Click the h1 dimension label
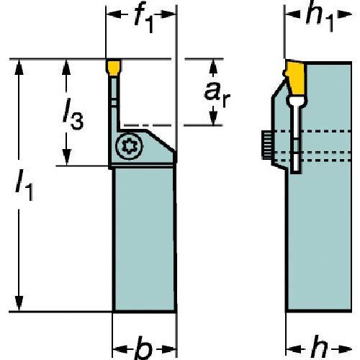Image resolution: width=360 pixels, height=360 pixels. [x=320, y=17]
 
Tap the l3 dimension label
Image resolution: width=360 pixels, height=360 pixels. [x=73, y=114]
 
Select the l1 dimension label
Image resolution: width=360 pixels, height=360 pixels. [x=24, y=184]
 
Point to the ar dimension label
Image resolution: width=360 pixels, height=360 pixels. [x=217, y=94]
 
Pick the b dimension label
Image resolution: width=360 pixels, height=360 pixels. [x=144, y=348]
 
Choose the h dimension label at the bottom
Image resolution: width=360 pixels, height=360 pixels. [x=319, y=348]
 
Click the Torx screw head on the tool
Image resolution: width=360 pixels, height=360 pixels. [x=129, y=145]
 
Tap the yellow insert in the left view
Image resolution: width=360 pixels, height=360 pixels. [x=114, y=68]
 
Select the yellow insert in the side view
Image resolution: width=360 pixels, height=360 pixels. [x=297, y=78]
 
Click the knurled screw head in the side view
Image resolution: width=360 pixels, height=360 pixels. [x=266, y=145]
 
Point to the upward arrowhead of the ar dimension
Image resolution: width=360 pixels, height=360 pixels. [x=213, y=66]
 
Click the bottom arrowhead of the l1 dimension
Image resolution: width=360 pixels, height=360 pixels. [x=19, y=304]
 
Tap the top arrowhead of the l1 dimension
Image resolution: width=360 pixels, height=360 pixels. [x=19, y=67]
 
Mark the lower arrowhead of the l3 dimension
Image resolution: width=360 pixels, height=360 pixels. [x=67, y=158]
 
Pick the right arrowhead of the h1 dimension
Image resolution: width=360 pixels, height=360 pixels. [x=345, y=14]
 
